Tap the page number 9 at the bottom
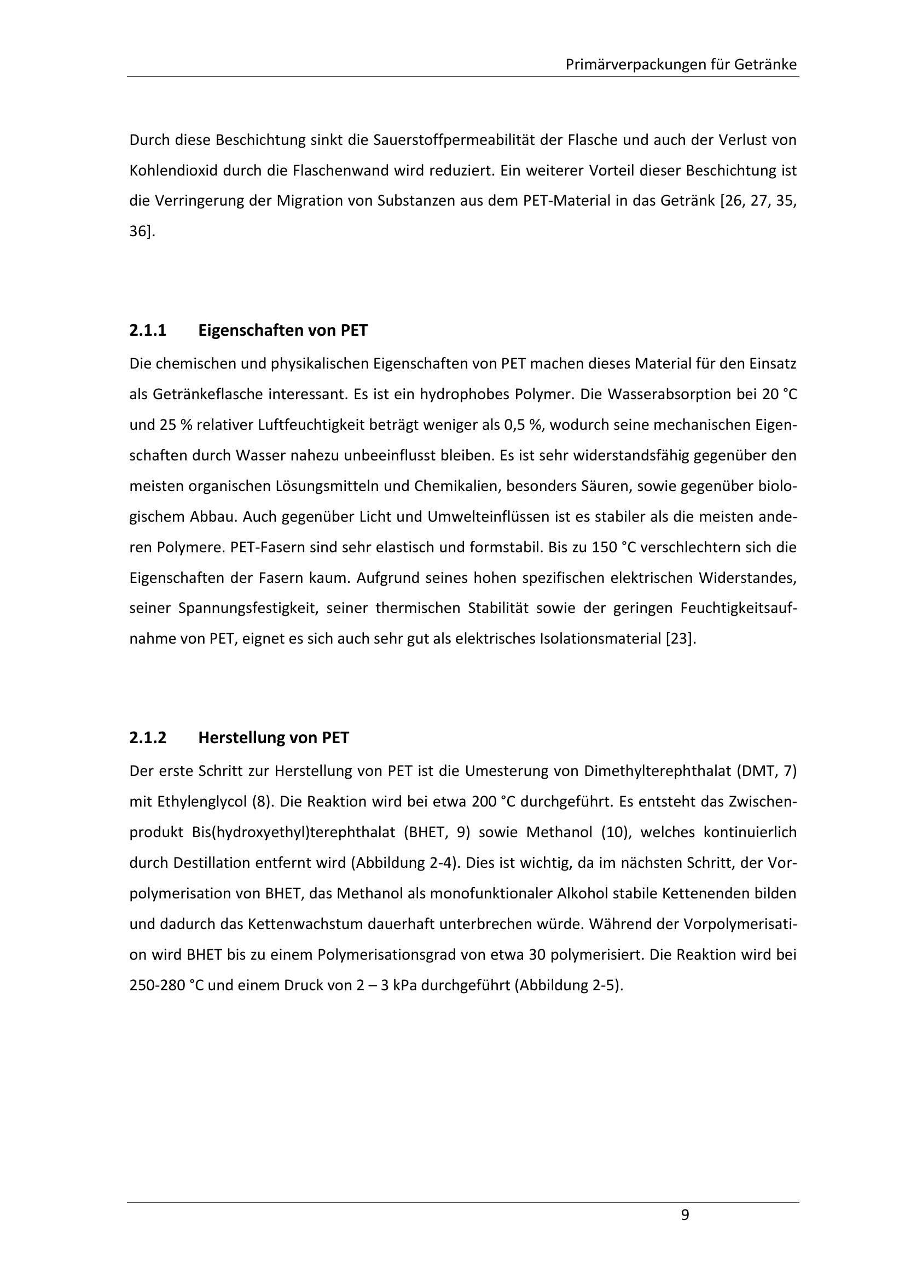point(685,1215)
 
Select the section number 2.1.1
point(148,331)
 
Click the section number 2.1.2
point(148,738)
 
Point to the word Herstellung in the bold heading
point(241,738)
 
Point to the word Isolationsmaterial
point(600,638)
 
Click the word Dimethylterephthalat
point(658,772)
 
